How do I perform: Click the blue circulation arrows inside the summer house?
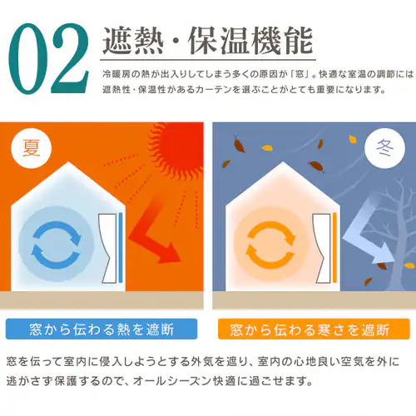54,238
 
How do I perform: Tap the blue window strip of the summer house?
121,246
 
